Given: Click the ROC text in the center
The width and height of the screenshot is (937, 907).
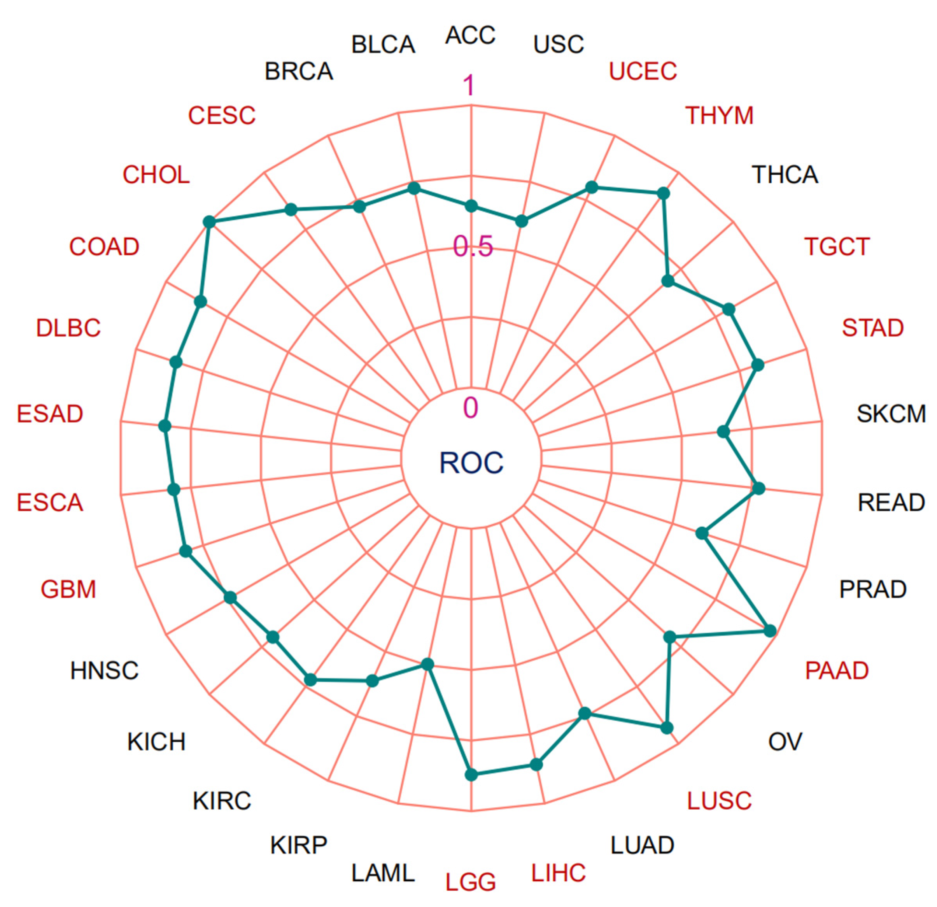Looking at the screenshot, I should (471, 462).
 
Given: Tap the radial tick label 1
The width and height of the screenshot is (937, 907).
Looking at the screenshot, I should (470, 86).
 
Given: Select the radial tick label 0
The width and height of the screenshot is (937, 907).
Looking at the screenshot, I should (470, 408).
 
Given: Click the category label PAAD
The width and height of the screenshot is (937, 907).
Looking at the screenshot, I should (837, 670).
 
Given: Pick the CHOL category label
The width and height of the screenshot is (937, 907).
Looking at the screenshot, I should (156, 175).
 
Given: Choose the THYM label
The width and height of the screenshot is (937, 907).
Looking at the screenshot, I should (720, 115).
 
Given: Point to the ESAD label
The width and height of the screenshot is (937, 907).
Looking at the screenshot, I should (50, 414).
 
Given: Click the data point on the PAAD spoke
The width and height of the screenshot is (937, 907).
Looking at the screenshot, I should (770, 631).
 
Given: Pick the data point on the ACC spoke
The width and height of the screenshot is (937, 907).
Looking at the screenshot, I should (471, 206).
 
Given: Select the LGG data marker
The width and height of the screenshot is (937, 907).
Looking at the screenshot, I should (471, 774).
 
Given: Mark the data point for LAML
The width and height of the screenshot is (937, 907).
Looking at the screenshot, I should (428, 664).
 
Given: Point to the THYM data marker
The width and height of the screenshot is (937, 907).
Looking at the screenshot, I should (663, 193).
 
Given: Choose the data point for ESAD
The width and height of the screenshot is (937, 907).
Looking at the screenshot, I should (165, 426).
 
